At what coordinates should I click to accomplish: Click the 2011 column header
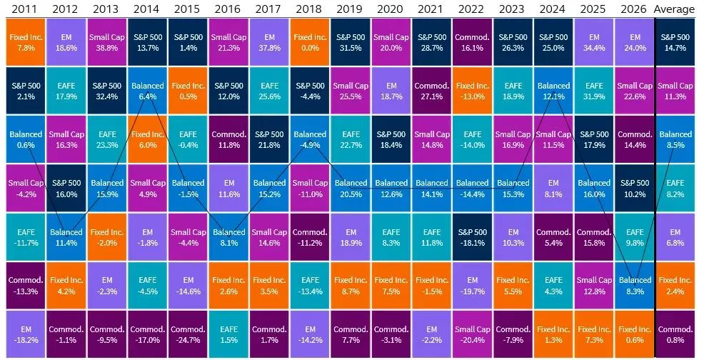coord(26,9)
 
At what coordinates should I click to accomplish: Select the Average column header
coord(675,9)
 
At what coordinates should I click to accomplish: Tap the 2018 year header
coord(309,9)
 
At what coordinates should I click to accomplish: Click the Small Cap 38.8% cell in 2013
coord(106,42)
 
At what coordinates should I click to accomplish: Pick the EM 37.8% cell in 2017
coord(269,42)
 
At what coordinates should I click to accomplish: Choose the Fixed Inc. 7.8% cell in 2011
coord(26,42)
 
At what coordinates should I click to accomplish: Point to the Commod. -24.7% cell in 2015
coord(188,334)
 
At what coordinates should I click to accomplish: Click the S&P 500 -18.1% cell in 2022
coord(472,237)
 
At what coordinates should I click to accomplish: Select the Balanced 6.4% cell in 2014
coord(148,91)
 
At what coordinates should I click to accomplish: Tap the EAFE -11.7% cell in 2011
coord(26,237)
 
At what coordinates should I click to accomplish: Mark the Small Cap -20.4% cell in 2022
coord(472,334)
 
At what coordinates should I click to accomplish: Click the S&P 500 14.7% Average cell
coord(675,42)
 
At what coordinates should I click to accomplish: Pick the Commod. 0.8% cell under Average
coord(675,334)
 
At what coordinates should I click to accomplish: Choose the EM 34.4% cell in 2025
coord(594,42)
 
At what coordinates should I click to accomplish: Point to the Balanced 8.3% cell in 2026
coord(635,285)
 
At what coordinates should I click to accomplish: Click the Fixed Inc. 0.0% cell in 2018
coord(310,42)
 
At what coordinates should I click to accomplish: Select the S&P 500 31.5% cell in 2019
coord(350,42)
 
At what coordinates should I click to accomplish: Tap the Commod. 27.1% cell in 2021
coord(432,91)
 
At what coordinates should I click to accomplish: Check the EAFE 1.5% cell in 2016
coord(228,334)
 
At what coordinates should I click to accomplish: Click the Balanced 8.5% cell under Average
coord(675,139)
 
